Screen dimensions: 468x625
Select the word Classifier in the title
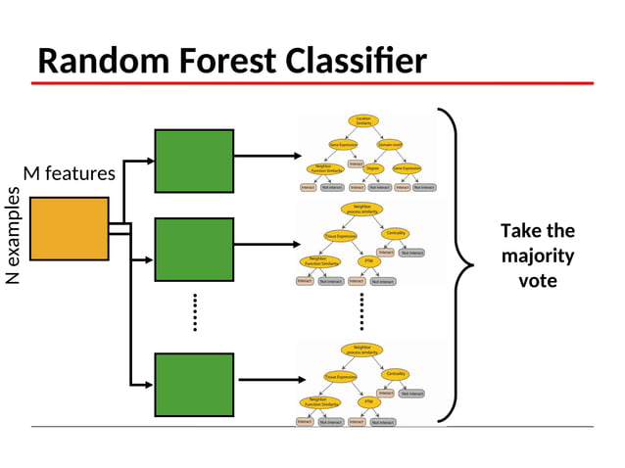tap(357, 62)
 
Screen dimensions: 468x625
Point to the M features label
tap(69, 173)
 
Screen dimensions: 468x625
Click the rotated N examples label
tap(13, 235)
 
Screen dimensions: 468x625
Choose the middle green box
tap(194, 249)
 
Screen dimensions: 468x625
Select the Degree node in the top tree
tap(372, 167)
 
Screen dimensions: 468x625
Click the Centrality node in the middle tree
tap(396, 233)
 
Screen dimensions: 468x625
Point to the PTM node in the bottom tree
tap(368, 401)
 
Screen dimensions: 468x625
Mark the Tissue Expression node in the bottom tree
tap(340, 376)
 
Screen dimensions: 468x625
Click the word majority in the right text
tap(537, 256)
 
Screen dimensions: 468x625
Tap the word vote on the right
tap(537, 280)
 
